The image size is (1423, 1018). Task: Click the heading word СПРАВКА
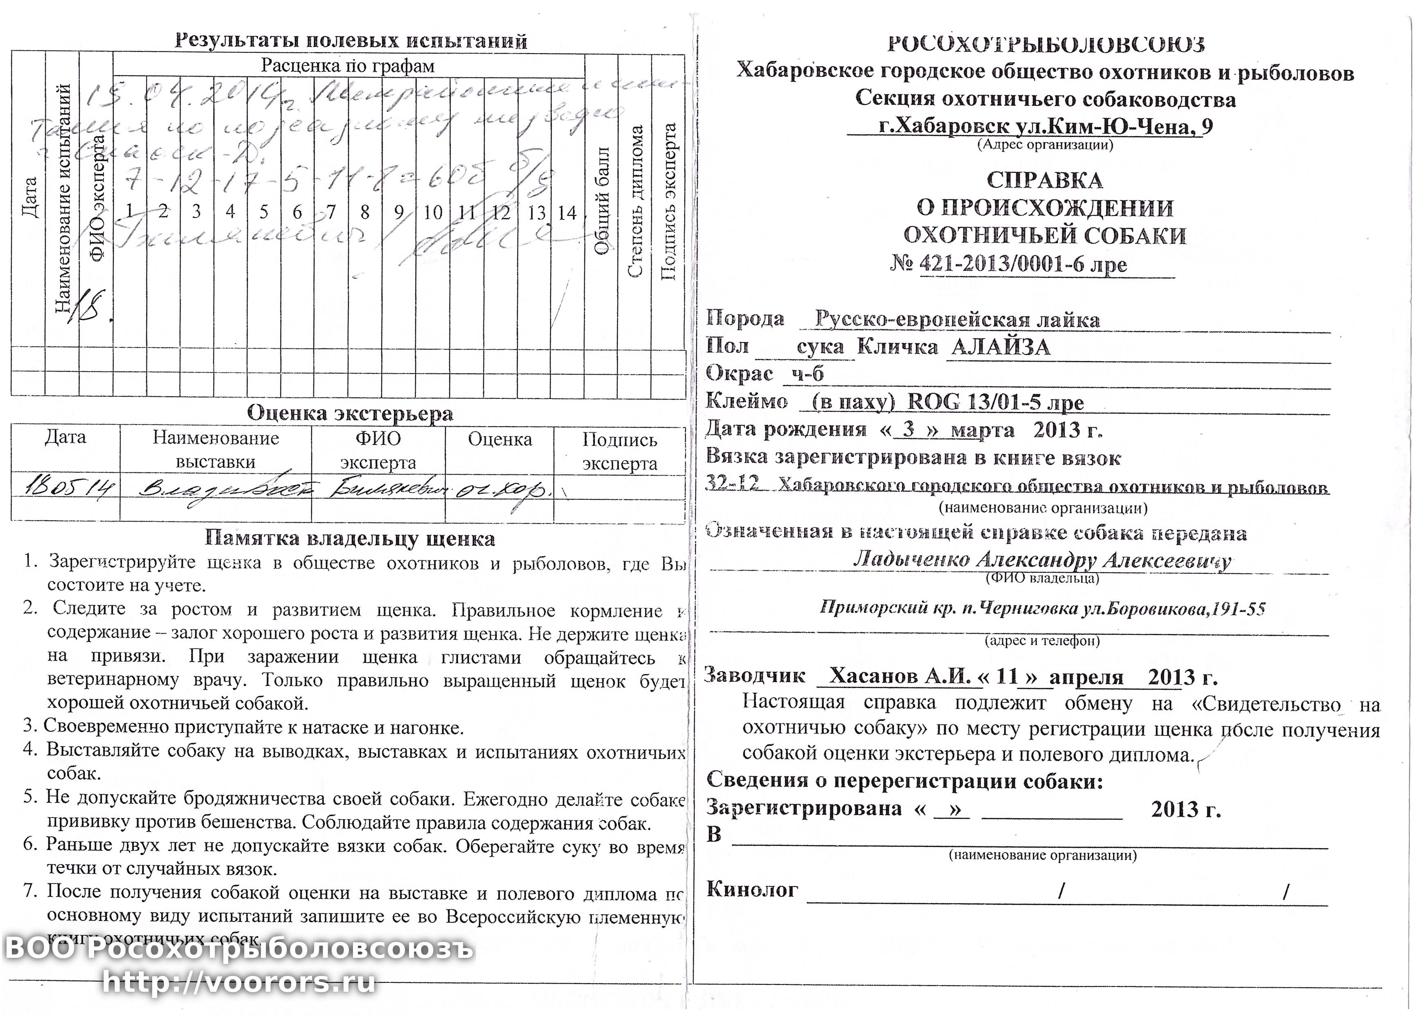click(x=1044, y=180)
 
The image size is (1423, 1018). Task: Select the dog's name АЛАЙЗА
click(x=1000, y=347)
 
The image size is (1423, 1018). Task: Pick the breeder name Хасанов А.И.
click(x=899, y=675)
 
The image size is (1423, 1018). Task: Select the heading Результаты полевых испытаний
click(x=351, y=41)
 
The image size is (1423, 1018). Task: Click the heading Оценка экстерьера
click(x=350, y=413)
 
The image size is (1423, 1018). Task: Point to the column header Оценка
click(x=499, y=439)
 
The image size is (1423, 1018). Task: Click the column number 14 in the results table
click(x=567, y=213)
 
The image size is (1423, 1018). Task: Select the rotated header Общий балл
click(x=602, y=200)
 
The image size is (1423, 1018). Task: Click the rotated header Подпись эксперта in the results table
click(x=669, y=200)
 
